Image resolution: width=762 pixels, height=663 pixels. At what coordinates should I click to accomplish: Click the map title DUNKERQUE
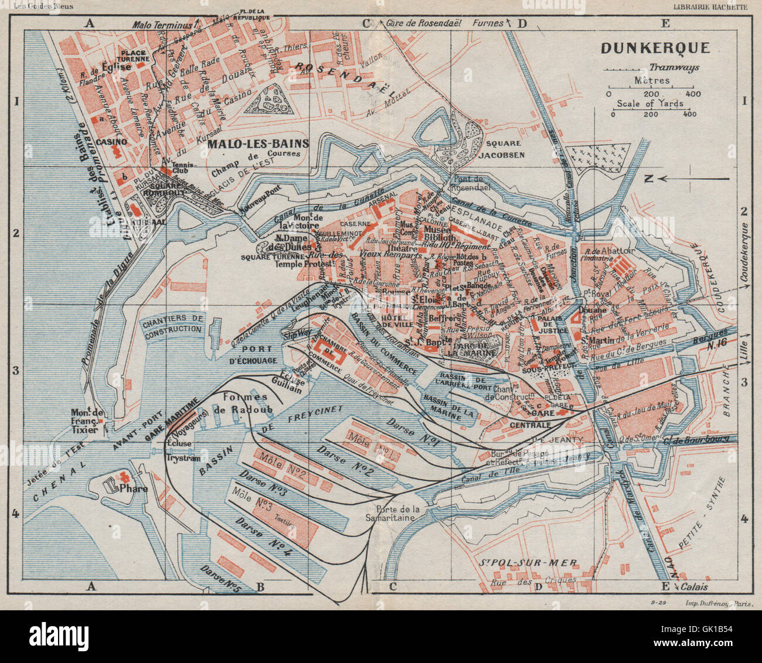click(655, 48)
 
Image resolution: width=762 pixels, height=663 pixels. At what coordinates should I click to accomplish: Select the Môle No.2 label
click(284, 469)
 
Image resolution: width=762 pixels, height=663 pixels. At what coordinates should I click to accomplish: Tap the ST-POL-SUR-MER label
click(528, 563)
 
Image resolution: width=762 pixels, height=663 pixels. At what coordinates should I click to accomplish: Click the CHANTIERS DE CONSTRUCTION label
click(174, 323)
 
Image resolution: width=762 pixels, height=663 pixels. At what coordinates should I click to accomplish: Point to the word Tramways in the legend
click(674, 67)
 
